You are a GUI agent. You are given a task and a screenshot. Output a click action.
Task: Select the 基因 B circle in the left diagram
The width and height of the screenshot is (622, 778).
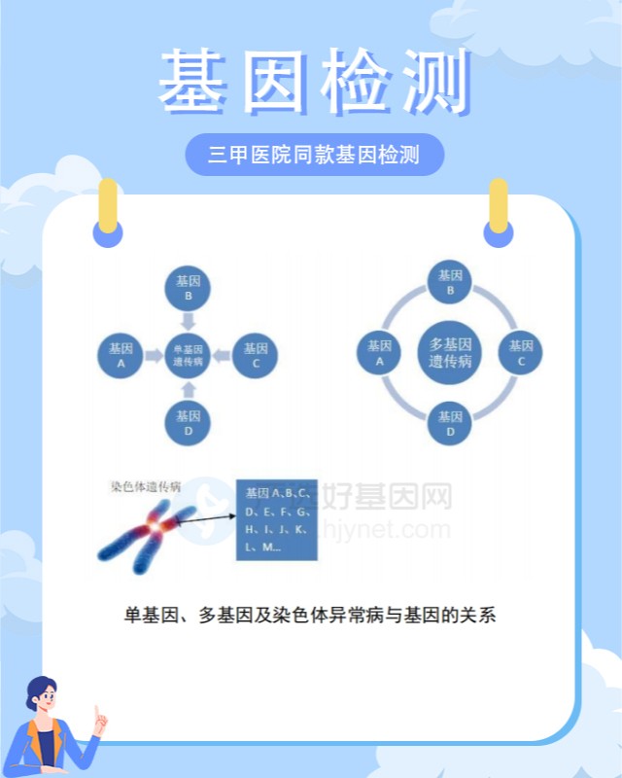(189, 287)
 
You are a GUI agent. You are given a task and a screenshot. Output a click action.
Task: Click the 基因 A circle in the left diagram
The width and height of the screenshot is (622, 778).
(121, 355)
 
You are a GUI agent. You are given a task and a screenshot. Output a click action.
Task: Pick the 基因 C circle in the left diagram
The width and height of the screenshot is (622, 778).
(256, 355)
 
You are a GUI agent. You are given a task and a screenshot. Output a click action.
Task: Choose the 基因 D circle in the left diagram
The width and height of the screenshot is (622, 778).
(189, 422)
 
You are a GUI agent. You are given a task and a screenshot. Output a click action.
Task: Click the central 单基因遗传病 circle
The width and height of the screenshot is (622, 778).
(189, 355)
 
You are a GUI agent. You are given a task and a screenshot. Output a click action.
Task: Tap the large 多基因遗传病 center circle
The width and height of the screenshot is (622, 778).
(450, 352)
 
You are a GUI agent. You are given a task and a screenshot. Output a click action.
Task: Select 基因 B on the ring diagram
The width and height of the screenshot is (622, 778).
(450, 283)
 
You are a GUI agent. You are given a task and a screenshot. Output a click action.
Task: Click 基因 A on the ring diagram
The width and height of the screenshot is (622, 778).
(380, 352)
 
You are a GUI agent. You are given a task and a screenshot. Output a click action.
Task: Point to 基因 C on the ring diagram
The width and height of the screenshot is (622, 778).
(521, 352)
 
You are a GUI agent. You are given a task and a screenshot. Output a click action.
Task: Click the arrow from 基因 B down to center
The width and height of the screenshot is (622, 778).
(189, 320)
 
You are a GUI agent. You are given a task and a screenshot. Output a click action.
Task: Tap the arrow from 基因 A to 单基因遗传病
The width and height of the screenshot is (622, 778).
(154, 356)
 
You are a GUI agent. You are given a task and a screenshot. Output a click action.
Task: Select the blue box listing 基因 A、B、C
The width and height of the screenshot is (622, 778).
(277, 519)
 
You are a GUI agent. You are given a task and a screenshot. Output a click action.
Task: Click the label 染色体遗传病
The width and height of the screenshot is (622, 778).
(146, 485)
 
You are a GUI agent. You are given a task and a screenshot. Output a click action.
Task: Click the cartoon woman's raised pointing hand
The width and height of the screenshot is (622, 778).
(100, 719)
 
